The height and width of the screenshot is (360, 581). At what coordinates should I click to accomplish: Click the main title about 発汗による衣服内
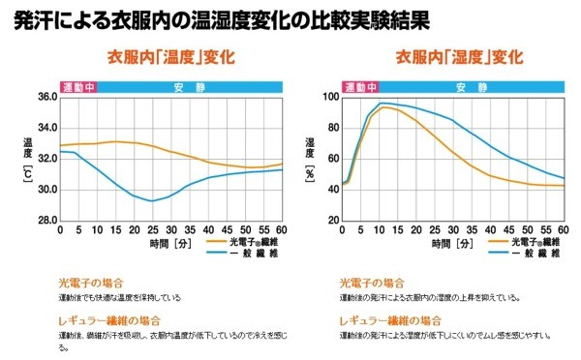point(224,19)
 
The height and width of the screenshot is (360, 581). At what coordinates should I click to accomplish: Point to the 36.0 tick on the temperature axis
point(46,97)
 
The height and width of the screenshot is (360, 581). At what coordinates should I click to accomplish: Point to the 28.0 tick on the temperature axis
point(46,221)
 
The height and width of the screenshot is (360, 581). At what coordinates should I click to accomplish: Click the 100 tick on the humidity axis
point(331,97)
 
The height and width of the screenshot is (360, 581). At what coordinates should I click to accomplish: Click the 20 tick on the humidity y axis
point(333,221)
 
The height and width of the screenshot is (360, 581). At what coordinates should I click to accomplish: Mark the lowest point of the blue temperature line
point(152,201)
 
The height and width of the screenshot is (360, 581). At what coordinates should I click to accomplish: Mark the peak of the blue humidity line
point(382,103)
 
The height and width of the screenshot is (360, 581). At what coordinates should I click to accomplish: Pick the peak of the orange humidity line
point(384,107)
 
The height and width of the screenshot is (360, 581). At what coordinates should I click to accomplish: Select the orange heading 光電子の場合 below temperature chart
point(90,283)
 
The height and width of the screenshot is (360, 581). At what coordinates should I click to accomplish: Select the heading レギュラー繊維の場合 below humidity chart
point(391,319)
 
